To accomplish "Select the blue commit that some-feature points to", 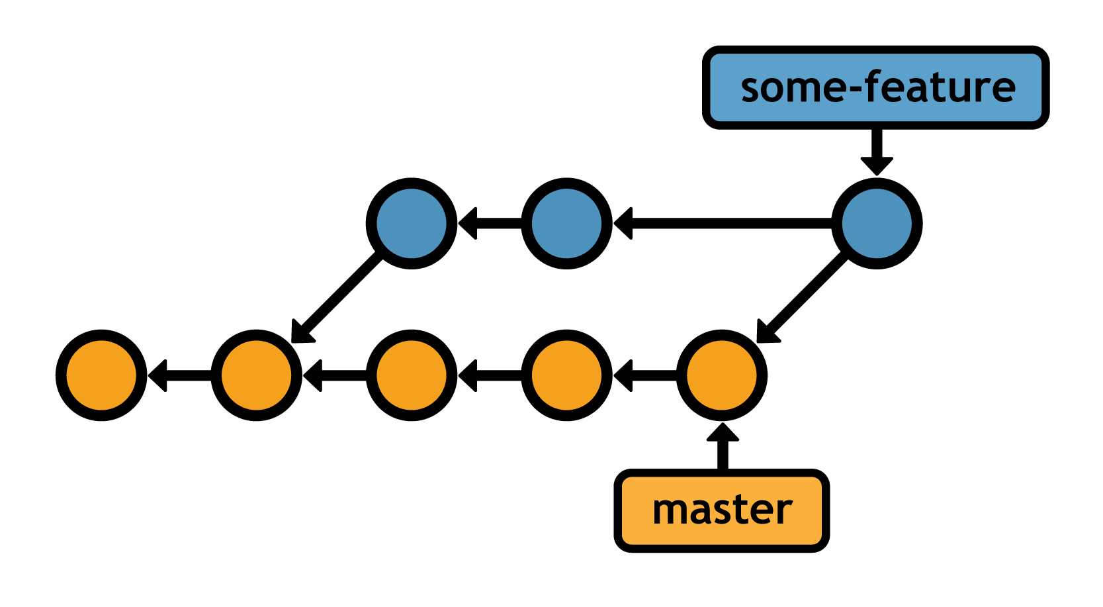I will pyautogui.click(x=876, y=224).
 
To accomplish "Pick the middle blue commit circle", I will pyautogui.click(x=566, y=224).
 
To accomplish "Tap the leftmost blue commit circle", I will pyautogui.click(x=411, y=224).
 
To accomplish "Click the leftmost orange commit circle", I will pyautogui.click(x=101, y=375).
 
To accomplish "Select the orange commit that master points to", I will pyautogui.click(x=721, y=375).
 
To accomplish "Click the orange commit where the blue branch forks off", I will pyautogui.click(x=256, y=375).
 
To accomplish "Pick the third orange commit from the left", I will pyautogui.click(x=411, y=375).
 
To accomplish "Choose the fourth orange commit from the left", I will pyautogui.click(x=566, y=375).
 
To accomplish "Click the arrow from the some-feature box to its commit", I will pyautogui.click(x=876, y=151).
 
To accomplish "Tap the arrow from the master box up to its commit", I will pyautogui.click(x=722, y=447).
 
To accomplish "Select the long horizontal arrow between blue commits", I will pyautogui.click(x=721, y=224).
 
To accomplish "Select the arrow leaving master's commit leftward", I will pyautogui.click(x=644, y=375).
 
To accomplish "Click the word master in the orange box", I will pyautogui.click(x=721, y=510).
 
